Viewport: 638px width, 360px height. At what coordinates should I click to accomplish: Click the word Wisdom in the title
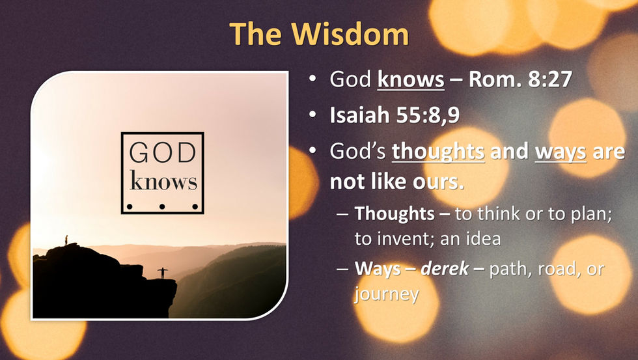pyautogui.click(x=350, y=33)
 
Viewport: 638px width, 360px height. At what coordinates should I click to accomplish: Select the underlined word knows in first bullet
pyautogui.click(x=411, y=79)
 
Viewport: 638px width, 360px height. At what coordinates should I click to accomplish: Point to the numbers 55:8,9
pyautogui.click(x=428, y=115)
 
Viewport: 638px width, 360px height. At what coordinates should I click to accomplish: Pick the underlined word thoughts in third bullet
pyautogui.click(x=438, y=151)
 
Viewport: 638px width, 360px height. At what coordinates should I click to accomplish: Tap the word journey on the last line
pyautogui.click(x=386, y=294)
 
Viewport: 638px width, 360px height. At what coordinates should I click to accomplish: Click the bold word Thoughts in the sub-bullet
pyautogui.click(x=395, y=214)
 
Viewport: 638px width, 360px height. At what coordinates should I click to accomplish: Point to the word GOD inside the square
pyautogui.click(x=163, y=152)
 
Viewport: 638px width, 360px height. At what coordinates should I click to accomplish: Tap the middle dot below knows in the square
pyautogui.click(x=162, y=206)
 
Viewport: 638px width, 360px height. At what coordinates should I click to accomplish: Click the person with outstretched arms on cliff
pyautogui.click(x=163, y=273)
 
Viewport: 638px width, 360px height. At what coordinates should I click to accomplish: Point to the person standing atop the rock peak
pyautogui.click(x=66, y=240)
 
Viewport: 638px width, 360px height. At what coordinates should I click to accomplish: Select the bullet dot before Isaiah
pyautogui.click(x=312, y=115)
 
